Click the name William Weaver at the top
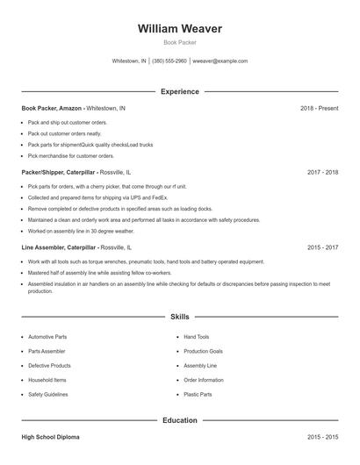180,29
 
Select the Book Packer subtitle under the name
180,43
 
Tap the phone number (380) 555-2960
169,61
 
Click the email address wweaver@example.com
220,61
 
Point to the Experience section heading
180,91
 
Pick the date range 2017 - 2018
322,173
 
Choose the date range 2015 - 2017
322,248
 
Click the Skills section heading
180,317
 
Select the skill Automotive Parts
47,337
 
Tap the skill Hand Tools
197,337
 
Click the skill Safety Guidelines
49,395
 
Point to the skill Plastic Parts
198,395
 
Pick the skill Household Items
47,380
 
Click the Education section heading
180,420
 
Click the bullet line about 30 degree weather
81,231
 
